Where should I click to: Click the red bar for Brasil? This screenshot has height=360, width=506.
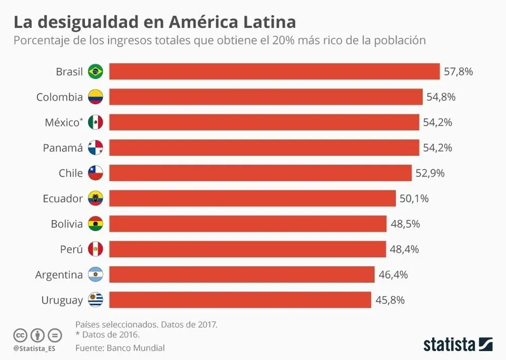pyautogui.click(x=274, y=71)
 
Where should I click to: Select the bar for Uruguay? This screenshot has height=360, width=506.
pyautogui.click(x=240, y=300)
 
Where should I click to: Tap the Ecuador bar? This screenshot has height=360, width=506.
pyautogui.click(x=252, y=198)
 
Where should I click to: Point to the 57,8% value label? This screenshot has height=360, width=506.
pyautogui.click(x=458, y=72)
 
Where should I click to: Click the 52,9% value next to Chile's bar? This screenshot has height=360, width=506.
pyautogui.click(x=430, y=173)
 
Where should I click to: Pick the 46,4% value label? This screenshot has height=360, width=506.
pyautogui.click(x=393, y=275)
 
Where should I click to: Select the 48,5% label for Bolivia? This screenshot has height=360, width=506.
pyautogui.click(x=405, y=223)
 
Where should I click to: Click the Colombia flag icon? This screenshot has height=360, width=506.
pyautogui.click(x=95, y=97)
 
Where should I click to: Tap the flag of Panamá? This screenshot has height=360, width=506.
pyautogui.click(x=95, y=148)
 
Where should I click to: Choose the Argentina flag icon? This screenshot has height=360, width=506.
pyautogui.click(x=95, y=275)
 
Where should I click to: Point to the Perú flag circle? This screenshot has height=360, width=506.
pyautogui.click(x=95, y=249)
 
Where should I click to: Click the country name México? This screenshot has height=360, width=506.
pyautogui.click(x=63, y=122)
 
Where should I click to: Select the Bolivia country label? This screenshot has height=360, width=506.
pyautogui.click(x=67, y=223)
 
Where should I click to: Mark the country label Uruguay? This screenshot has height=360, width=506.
pyautogui.click(x=62, y=300)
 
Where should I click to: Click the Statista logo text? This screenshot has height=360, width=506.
pyautogui.click(x=449, y=344)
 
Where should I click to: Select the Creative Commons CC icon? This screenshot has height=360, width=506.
pyautogui.click(x=20, y=335)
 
